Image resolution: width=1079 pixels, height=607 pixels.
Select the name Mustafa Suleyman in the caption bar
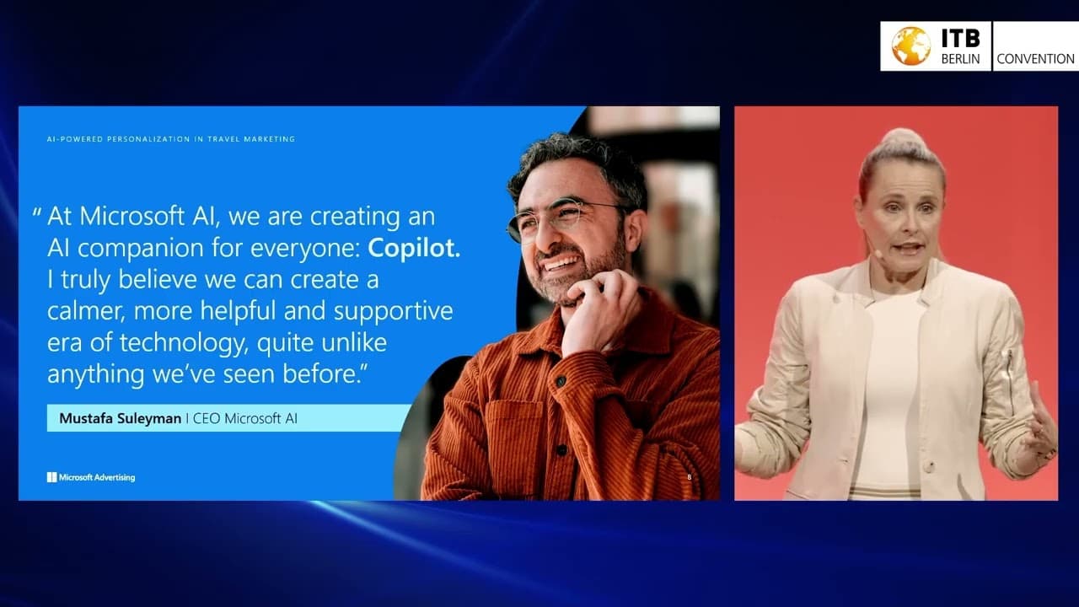tap(120, 418)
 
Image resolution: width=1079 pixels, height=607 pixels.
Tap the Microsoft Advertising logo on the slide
tap(91, 477)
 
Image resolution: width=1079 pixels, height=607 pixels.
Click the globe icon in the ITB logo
tap(911, 46)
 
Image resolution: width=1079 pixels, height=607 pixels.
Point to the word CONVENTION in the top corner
tap(1035, 59)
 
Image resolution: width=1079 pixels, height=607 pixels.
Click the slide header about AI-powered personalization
tap(171, 139)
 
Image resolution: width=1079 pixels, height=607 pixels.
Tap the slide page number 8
tap(690, 478)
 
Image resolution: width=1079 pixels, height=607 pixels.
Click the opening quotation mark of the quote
tap(37, 213)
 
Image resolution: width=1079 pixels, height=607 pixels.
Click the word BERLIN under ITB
tap(961, 59)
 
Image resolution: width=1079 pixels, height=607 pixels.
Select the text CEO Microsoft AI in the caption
tap(245, 418)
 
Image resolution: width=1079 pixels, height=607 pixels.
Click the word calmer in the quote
tap(84, 311)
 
